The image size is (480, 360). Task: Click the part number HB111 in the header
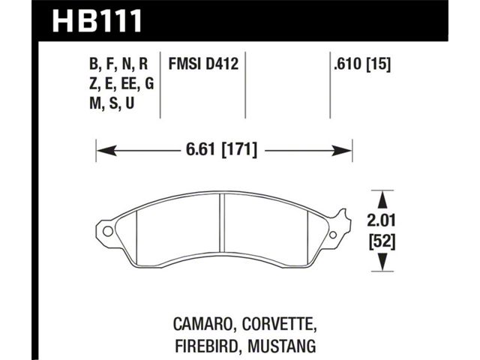(x=97, y=21)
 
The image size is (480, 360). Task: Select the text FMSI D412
(x=203, y=64)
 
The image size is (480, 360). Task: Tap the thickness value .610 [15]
(x=362, y=64)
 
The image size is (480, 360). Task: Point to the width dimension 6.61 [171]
(x=222, y=150)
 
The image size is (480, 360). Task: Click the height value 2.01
(x=381, y=220)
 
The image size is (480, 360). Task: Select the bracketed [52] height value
(x=382, y=241)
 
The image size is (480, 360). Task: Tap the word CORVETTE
(x=279, y=325)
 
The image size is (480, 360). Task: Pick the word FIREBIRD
(x=207, y=346)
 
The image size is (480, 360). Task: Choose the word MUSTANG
(x=282, y=346)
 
